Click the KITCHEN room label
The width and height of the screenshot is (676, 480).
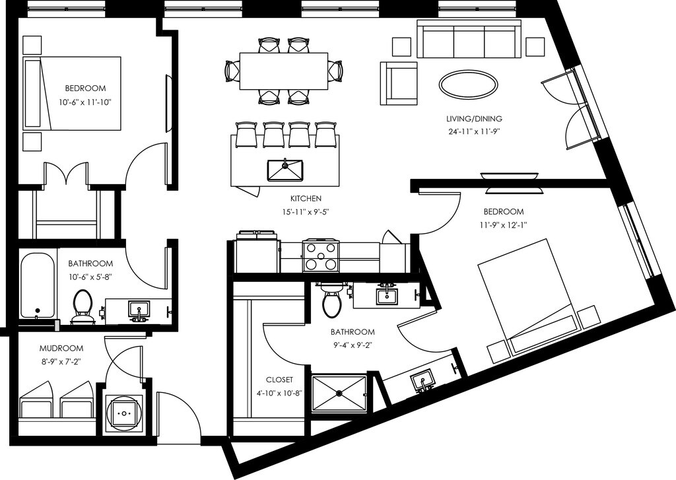coord(306,199)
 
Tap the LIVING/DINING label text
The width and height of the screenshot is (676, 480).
coord(474,119)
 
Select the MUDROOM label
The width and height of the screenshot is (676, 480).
coord(61,349)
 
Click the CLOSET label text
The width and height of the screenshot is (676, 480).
coord(279,380)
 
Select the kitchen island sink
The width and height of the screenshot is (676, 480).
coord(285,170)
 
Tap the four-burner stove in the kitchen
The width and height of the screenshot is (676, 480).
coord(320,256)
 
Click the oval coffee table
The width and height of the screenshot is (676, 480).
coord(468,85)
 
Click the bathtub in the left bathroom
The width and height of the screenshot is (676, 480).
coord(37,285)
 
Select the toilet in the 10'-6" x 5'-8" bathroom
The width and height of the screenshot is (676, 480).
coord(82,306)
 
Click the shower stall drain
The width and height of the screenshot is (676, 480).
coord(339,394)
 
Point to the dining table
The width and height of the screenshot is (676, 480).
coord(284,71)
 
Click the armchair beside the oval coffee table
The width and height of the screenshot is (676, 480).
coord(399,83)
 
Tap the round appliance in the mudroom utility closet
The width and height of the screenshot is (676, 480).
coord(124,413)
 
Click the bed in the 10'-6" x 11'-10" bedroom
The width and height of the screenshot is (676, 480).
coord(71,92)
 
